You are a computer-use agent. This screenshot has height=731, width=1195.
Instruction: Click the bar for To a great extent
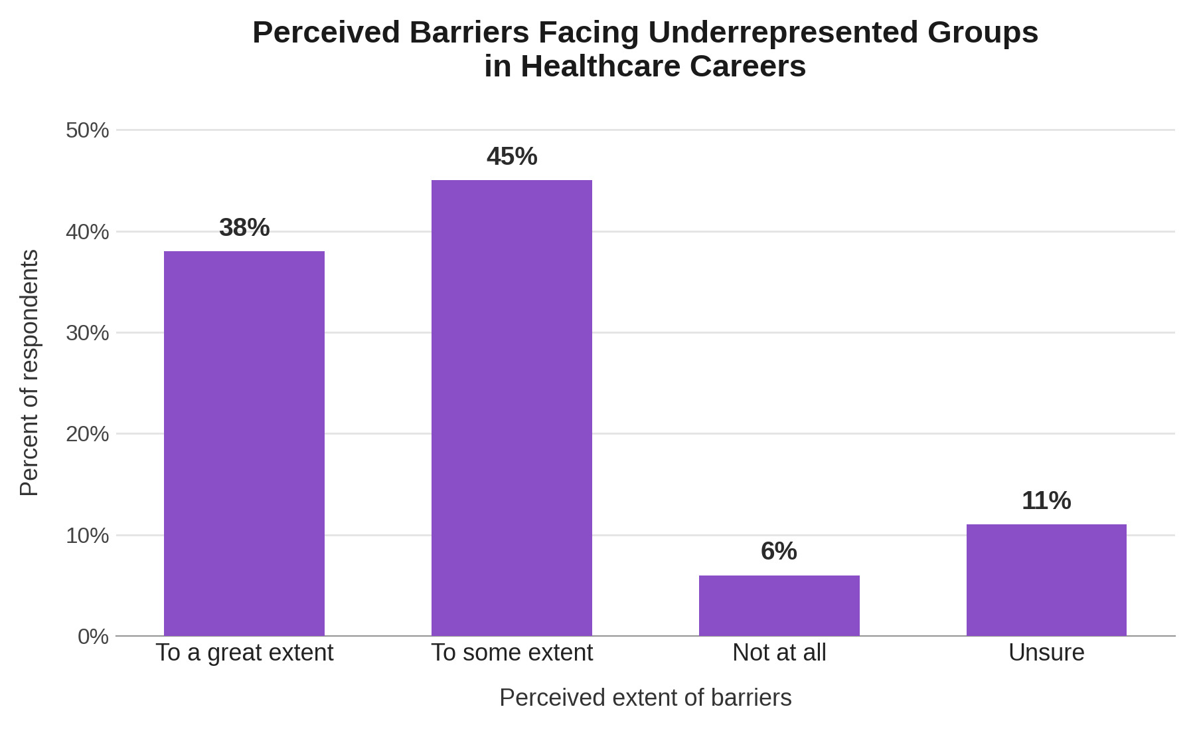[x=244, y=443]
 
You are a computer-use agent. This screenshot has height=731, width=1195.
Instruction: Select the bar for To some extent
[x=512, y=408]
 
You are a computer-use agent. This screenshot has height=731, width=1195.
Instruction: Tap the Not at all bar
[x=779, y=605]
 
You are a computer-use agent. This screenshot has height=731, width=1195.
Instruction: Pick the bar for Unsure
[x=1046, y=580]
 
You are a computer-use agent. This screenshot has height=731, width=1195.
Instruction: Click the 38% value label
[x=244, y=228]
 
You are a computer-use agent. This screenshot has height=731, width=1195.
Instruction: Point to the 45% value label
[x=512, y=157]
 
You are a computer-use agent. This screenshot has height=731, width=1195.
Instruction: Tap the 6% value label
[x=779, y=552]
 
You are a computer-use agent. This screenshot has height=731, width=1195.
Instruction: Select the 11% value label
[x=1046, y=501]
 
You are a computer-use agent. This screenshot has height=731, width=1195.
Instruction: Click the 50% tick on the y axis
[x=87, y=130]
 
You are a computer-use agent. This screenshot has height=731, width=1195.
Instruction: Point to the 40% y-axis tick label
[x=87, y=232]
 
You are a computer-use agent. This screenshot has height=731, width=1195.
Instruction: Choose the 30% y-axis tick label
[x=87, y=333]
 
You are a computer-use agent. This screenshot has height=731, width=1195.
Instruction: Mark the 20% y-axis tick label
[x=87, y=434]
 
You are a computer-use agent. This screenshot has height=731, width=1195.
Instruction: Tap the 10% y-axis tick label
[x=87, y=536]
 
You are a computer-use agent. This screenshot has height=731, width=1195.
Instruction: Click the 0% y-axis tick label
[x=93, y=637]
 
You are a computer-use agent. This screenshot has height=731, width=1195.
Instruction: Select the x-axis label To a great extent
[x=244, y=653]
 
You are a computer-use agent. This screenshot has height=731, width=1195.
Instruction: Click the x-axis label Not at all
[x=779, y=653]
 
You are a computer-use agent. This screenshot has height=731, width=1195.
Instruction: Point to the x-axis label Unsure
[x=1046, y=653]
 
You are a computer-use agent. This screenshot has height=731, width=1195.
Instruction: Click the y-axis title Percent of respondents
[x=29, y=373]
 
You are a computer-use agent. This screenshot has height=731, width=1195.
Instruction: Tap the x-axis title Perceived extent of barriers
[x=645, y=698]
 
